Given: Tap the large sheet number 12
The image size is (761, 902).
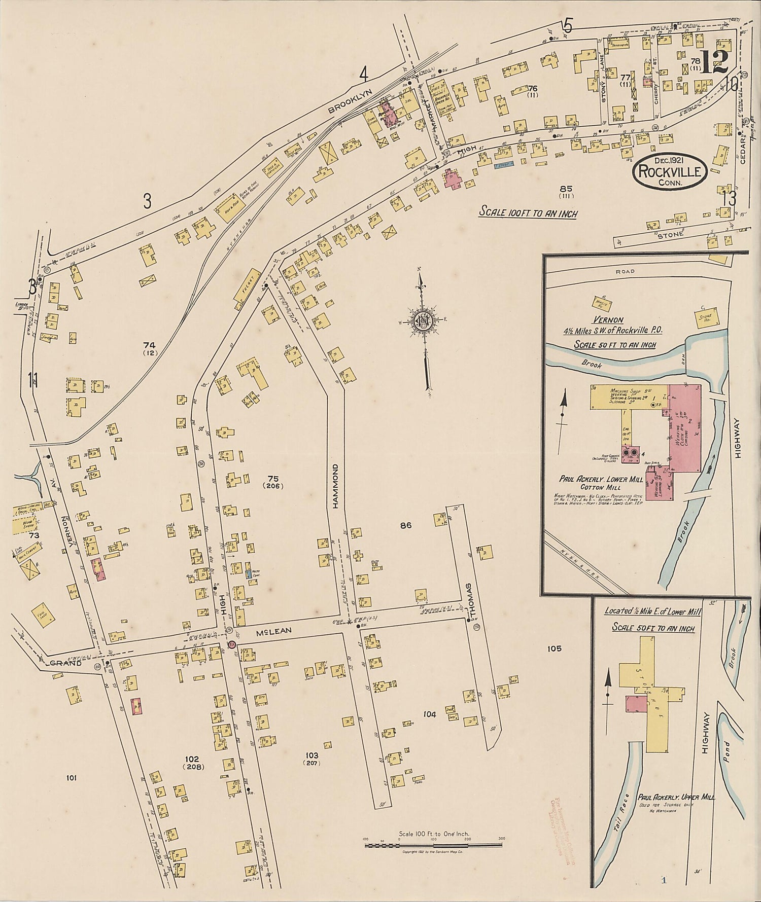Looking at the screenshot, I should pos(714,63).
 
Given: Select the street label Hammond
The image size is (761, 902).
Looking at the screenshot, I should pos(335,493).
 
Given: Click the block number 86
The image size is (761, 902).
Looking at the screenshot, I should pos(405,526).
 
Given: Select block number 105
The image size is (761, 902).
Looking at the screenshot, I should pos(555,648).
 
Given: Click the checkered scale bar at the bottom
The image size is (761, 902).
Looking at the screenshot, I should pos(433,845).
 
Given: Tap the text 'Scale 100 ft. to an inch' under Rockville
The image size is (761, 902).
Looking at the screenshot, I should pos(528,213).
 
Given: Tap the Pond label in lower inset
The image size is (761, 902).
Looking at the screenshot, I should pos(727,754).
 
